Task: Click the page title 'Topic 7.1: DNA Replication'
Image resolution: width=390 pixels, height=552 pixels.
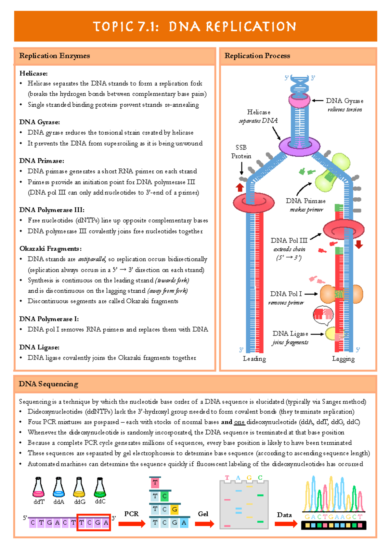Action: point(195,26)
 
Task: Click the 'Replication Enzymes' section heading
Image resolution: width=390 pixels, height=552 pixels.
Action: point(54,56)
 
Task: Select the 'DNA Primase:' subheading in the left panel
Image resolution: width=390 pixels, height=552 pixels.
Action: point(41,161)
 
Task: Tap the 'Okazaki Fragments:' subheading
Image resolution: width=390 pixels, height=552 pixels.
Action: point(50,249)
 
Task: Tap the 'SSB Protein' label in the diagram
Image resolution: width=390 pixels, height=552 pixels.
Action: point(241,151)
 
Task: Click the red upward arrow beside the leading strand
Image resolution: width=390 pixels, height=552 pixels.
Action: point(240,187)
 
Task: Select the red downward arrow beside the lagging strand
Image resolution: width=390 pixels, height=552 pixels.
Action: point(359,244)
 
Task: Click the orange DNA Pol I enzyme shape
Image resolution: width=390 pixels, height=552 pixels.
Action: point(341,294)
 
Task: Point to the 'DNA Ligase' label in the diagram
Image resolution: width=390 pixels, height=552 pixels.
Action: point(290,334)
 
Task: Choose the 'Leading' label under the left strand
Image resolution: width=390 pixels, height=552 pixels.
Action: point(254,359)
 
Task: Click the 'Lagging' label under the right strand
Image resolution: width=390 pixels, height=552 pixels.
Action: point(343,359)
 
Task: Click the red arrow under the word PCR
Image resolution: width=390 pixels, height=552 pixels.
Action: point(132,524)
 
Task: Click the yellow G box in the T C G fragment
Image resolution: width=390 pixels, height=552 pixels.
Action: point(175,509)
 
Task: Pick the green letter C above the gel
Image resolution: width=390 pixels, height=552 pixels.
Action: point(260,478)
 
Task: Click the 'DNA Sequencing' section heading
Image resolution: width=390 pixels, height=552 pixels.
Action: point(48,384)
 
